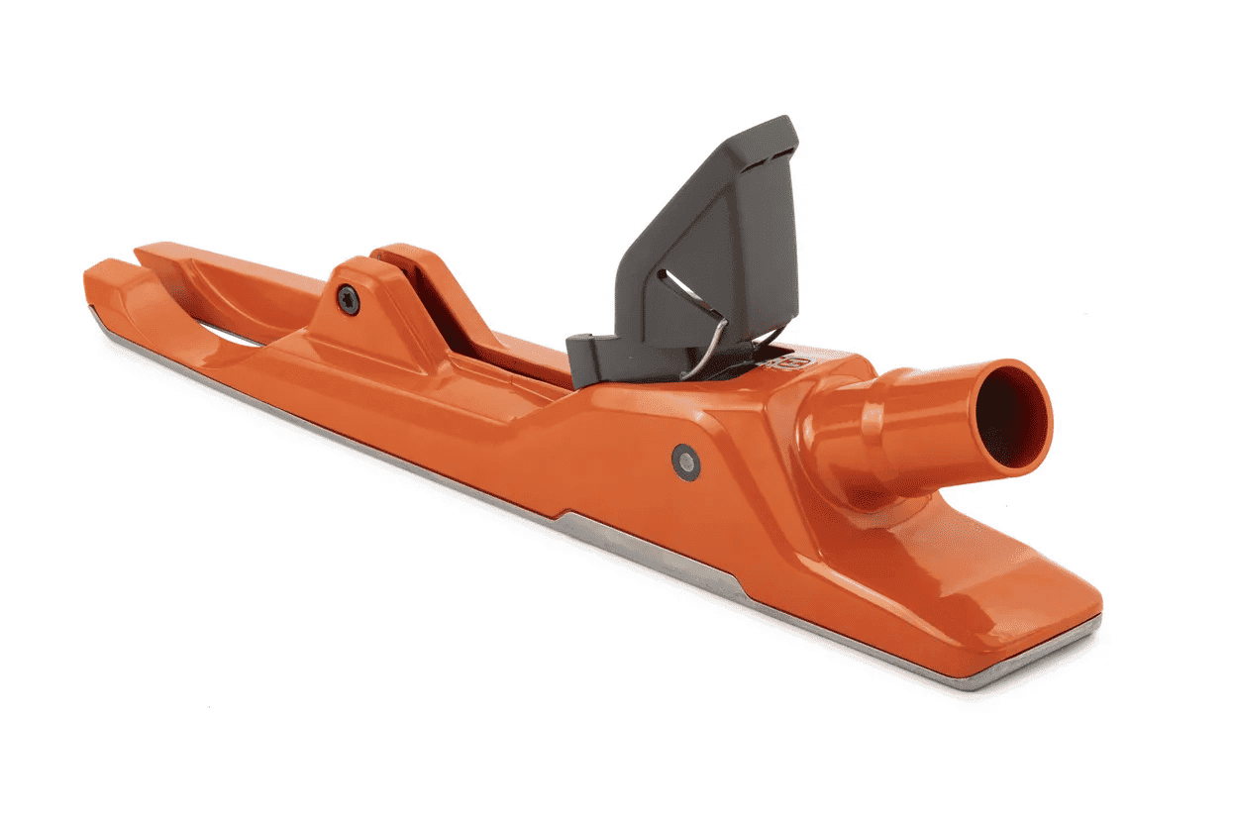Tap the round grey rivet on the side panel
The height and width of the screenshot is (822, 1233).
tap(685, 462)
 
